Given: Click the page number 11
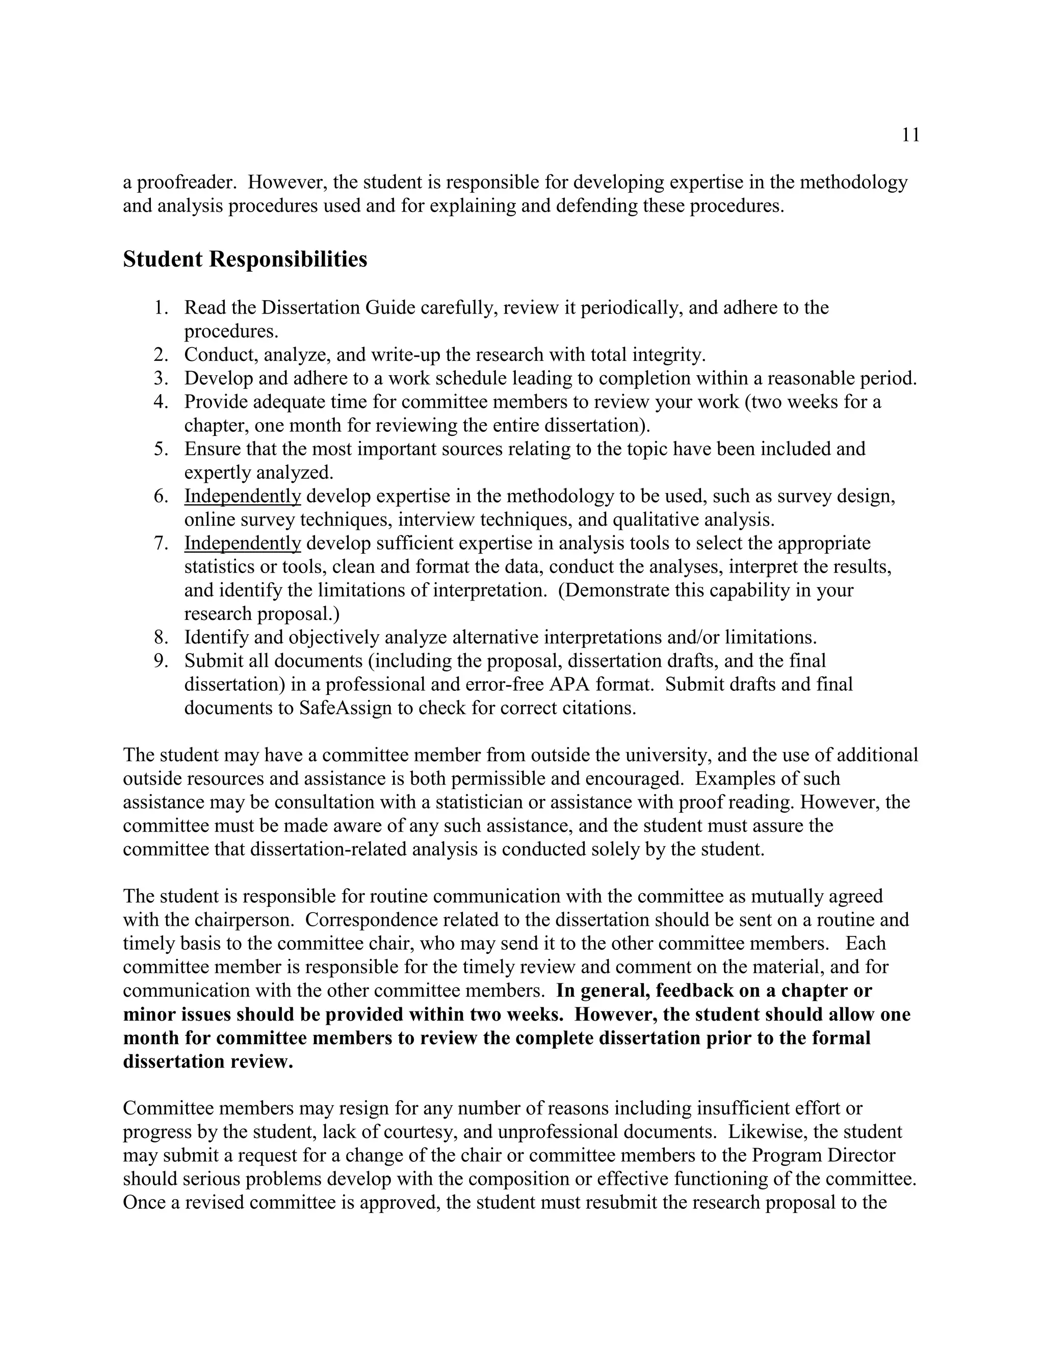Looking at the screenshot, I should click(x=910, y=135).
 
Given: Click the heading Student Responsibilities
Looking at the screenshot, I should click(x=245, y=259).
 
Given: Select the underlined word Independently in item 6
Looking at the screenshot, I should click(x=243, y=496).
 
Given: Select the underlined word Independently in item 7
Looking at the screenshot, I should click(x=243, y=543).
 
